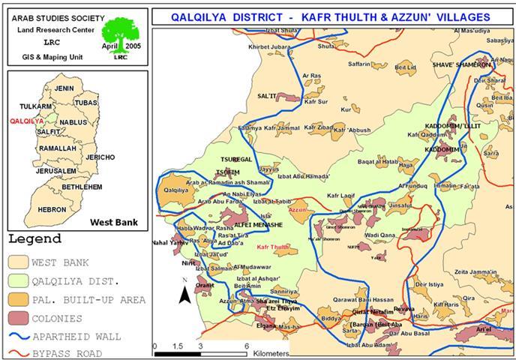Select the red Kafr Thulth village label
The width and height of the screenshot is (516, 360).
[x=272, y=247]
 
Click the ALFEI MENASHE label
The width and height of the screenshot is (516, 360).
[x=259, y=224]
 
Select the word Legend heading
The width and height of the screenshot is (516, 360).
[x=34, y=239]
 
